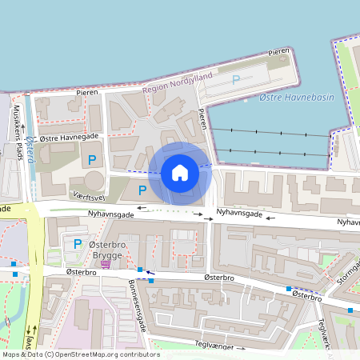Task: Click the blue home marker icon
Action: [180, 172]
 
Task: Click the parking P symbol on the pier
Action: [235, 79]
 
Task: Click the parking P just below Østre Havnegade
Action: [92, 160]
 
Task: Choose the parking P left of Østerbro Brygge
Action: [78, 244]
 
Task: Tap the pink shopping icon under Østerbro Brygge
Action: [106, 264]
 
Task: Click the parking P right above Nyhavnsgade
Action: [142, 190]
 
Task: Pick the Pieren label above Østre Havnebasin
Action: [278, 51]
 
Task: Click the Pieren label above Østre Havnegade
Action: [87, 93]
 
